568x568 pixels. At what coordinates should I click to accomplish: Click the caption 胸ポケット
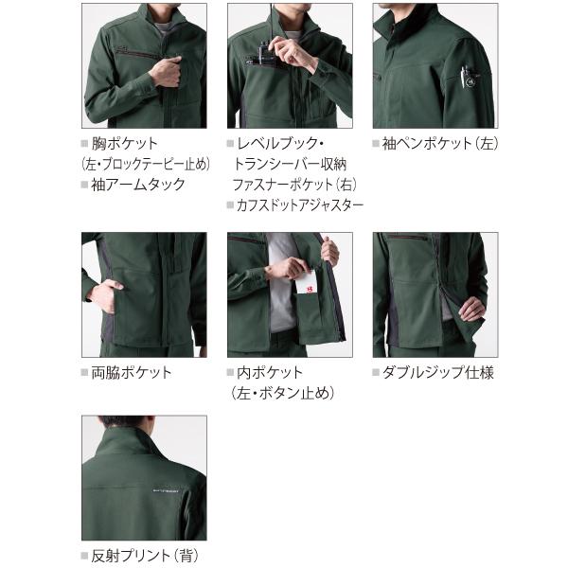tap(125, 144)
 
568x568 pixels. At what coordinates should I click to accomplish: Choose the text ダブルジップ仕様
tap(438, 372)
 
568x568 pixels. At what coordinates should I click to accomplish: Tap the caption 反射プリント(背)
tap(145, 556)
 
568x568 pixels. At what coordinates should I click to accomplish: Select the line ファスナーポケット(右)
tap(294, 185)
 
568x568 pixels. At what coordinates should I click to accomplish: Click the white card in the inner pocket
tap(307, 282)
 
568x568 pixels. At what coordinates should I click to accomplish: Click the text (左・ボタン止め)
tap(281, 393)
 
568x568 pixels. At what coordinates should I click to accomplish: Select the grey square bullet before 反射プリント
tap(85, 556)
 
